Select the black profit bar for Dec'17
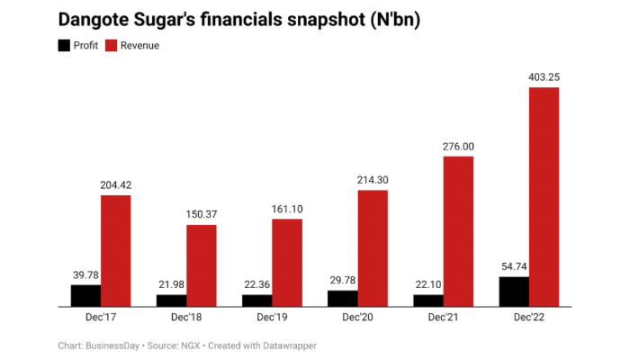pos(85,295)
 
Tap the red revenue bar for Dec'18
pos(202,265)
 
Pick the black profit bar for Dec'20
pos(342,298)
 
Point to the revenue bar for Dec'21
pos(458,231)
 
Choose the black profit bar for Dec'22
pos(514,291)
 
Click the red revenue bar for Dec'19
pos(287,262)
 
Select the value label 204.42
pos(115,185)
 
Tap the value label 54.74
pos(514,266)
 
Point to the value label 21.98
pos(171,284)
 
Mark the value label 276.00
pos(458,147)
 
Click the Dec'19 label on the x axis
pos(272,318)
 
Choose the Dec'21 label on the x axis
pos(444,318)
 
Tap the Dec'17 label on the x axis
pos(101,318)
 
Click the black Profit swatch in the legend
pos(65,45)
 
